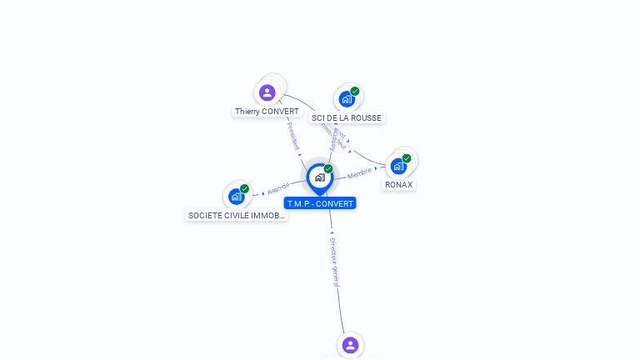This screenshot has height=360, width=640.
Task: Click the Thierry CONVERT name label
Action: pos(267,112)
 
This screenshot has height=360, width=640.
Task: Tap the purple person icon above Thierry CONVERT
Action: pos(267,92)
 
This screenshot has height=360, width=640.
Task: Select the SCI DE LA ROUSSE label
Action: pos(347,118)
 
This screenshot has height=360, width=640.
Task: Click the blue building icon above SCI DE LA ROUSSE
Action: pos(347,99)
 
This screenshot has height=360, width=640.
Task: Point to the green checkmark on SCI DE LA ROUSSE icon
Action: pos(355,91)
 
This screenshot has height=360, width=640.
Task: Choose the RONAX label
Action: pos(398,185)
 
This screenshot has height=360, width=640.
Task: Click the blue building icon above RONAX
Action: pos(398,166)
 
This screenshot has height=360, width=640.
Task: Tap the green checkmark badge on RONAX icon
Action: pos(407,158)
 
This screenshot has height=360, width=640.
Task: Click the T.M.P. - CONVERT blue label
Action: pos(320,203)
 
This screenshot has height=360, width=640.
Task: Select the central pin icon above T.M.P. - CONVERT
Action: pos(319,177)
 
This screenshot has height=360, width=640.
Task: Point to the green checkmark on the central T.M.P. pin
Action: pos(328,169)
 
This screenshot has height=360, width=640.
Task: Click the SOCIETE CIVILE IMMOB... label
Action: pos(237,215)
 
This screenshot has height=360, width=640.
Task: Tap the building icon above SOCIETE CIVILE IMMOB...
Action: pos(237,197)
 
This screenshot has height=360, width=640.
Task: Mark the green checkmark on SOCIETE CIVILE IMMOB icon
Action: pos(245,188)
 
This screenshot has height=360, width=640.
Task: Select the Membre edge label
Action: pos(360,173)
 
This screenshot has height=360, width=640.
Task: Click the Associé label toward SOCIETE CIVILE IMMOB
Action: pos(278,188)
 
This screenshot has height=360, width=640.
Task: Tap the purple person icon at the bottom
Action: pos(350,345)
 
